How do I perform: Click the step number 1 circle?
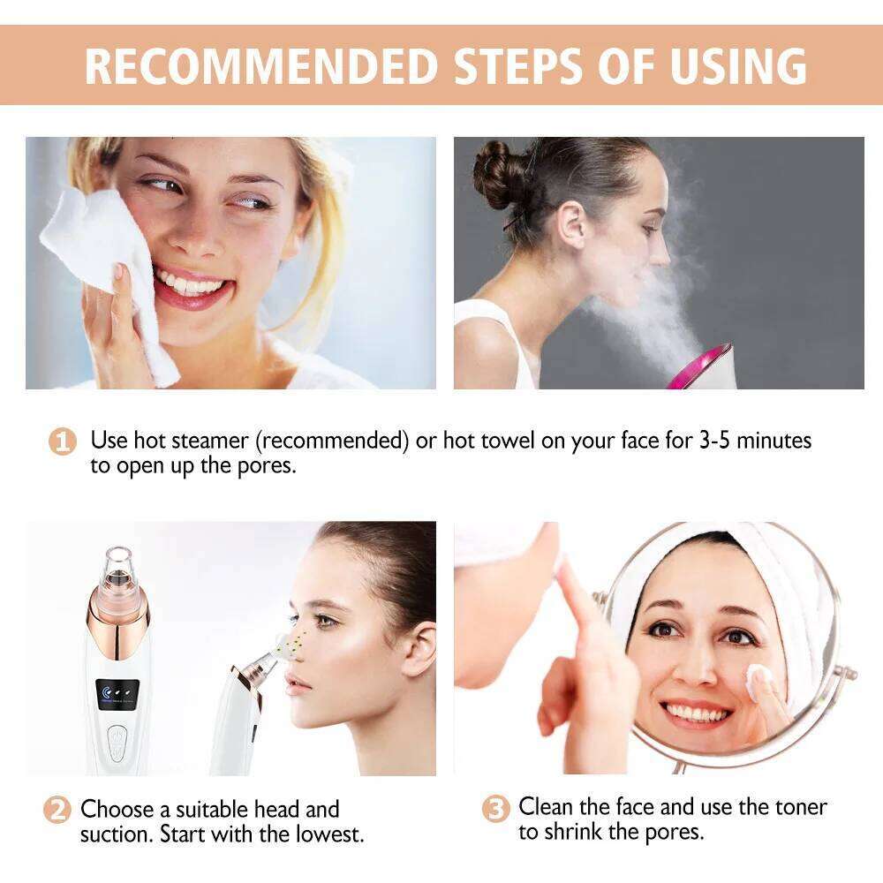[x=61, y=441]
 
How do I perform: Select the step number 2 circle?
[x=57, y=810]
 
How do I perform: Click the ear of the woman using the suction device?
[x=419, y=646]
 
